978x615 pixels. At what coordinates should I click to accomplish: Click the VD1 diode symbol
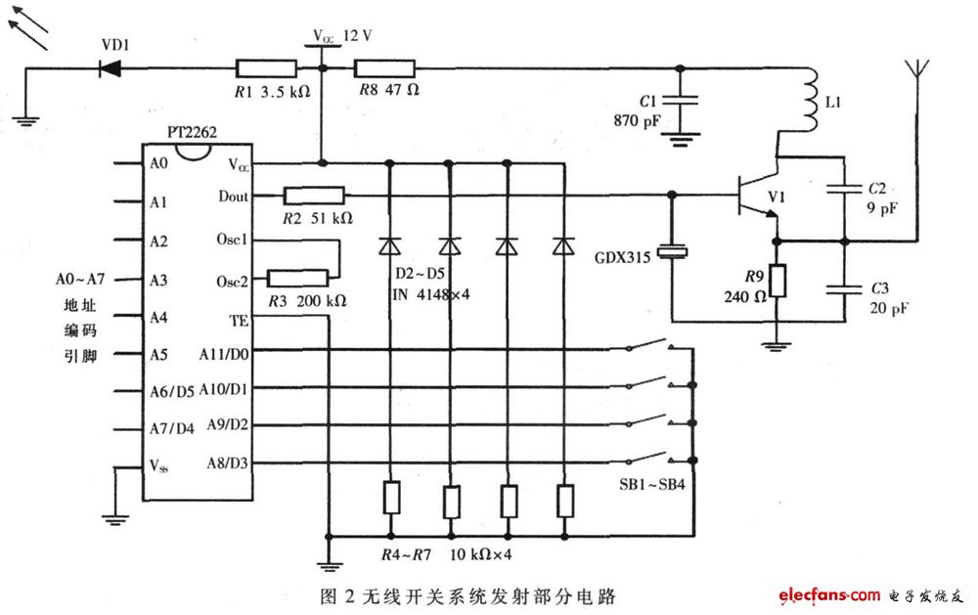click(111, 67)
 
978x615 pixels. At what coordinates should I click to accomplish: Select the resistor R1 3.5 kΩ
click(266, 68)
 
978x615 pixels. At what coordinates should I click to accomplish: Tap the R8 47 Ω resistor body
click(384, 68)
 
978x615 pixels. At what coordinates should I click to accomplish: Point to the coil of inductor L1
click(810, 100)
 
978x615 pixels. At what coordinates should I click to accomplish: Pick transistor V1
click(758, 196)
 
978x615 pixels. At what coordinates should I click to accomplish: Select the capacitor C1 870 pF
click(680, 100)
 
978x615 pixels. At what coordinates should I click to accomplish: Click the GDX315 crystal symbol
click(672, 252)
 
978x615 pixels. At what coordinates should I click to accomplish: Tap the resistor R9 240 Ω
click(777, 281)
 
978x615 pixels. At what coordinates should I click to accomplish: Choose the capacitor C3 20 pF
click(845, 288)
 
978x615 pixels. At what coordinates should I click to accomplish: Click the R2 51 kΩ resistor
click(314, 196)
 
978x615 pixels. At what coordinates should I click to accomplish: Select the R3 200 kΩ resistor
click(297, 279)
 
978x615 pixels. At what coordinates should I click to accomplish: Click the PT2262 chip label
click(192, 132)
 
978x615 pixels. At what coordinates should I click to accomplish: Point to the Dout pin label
click(234, 197)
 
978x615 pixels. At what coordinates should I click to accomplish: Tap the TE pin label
click(239, 321)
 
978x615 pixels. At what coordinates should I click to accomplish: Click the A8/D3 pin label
click(227, 463)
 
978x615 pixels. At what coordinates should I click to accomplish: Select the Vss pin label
click(159, 466)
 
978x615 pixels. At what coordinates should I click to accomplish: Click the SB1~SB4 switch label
click(651, 485)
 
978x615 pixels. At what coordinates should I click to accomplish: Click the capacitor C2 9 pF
click(844, 186)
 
